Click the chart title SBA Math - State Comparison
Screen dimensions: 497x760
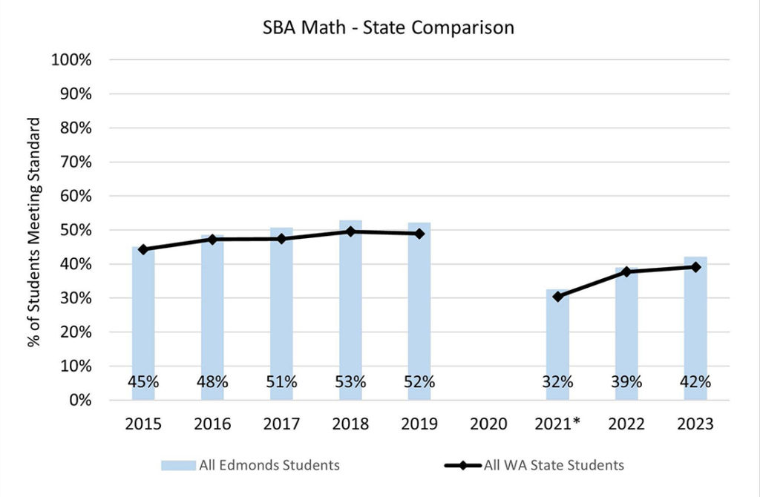click(x=388, y=28)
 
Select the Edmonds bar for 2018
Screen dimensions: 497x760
click(x=350, y=312)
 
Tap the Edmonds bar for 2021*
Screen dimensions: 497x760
click(x=557, y=341)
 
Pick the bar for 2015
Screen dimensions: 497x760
click(x=143, y=319)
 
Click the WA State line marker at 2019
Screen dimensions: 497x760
click(x=419, y=234)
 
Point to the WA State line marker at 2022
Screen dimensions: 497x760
click(x=626, y=271)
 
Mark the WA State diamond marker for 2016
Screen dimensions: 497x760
click(x=212, y=239)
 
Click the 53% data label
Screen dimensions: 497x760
click(x=350, y=382)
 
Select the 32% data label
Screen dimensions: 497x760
click(x=557, y=382)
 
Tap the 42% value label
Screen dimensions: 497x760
click(x=695, y=382)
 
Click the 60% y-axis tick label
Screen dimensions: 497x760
click(x=74, y=196)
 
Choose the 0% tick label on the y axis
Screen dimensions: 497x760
click(x=79, y=400)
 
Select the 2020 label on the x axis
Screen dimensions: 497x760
click(x=488, y=424)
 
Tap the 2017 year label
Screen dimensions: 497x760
click(x=281, y=424)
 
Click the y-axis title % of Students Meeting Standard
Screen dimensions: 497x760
click(x=34, y=230)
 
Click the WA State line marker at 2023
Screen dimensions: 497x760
click(x=695, y=267)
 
